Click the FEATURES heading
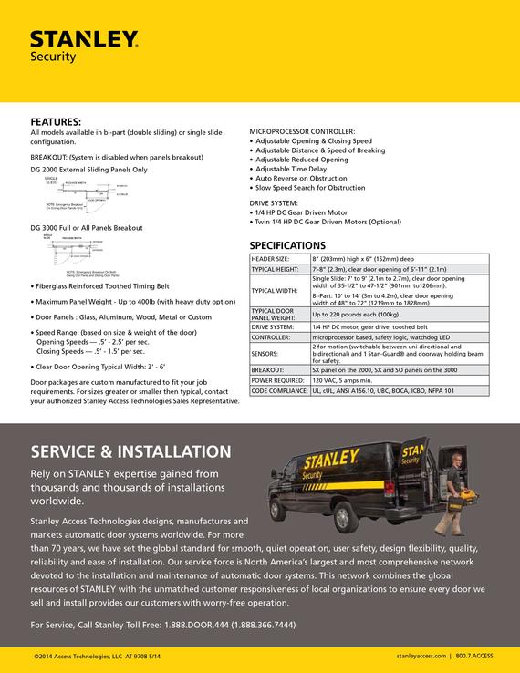56,121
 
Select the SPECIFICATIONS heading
286,245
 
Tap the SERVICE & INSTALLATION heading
130,451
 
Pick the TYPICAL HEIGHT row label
275,270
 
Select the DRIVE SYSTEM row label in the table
273,326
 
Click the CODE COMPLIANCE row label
278,389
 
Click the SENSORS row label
265,352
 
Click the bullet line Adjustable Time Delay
292,169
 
